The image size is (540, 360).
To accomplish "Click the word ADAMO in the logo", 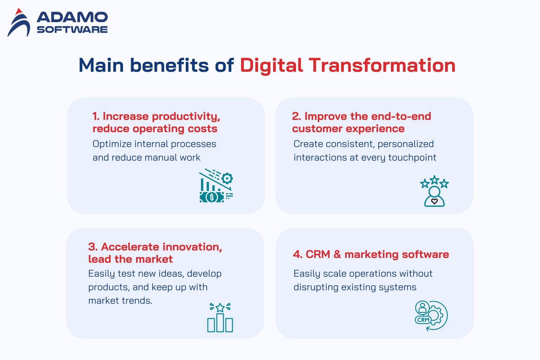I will (72, 17).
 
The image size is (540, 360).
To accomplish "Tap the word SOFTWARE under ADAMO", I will (72, 30).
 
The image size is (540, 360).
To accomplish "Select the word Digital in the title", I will (271, 66).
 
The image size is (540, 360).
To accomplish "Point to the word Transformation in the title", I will (382, 65).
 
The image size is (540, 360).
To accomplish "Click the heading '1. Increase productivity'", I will (156, 116).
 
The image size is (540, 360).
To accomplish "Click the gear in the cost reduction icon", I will (227, 178).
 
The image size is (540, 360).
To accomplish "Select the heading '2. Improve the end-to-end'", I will (361, 116).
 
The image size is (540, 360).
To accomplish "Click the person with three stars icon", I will (434, 191).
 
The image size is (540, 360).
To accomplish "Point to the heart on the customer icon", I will (434, 201).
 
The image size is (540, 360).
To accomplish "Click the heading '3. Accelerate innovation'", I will (155, 247).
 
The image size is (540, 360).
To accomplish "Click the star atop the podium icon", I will (220, 308).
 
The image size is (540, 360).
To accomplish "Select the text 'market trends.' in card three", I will (120, 301).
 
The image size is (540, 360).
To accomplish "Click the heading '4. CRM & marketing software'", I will (371, 254).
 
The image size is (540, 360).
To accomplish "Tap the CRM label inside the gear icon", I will (423, 320).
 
